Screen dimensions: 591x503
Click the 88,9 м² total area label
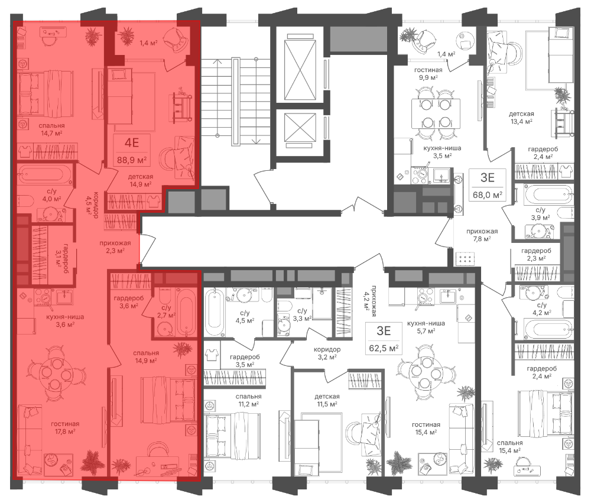[x=132, y=160]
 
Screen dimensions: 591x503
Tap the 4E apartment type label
[x=132, y=143]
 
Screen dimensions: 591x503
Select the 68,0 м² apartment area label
[x=488, y=195]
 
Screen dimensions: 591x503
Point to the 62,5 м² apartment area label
[x=384, y=348]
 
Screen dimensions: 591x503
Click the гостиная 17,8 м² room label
[x=65, y=427]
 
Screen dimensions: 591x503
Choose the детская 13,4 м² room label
[x=521, y=118]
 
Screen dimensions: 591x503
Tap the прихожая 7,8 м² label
[x=482, y=235]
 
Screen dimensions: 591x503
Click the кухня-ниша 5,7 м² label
[x=426, y=327]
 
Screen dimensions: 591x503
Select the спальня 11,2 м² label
[x=248, y=400]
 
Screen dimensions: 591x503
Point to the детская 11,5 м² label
[x=327, y=400]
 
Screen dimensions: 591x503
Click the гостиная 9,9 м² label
[x=428, y=73]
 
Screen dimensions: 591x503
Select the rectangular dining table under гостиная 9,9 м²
[x=436, y=113]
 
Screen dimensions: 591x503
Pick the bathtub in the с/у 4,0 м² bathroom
[x=45, y=174]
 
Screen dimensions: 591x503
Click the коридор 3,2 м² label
[x=327, y=353]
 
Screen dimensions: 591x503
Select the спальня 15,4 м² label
[x=509, y=446]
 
